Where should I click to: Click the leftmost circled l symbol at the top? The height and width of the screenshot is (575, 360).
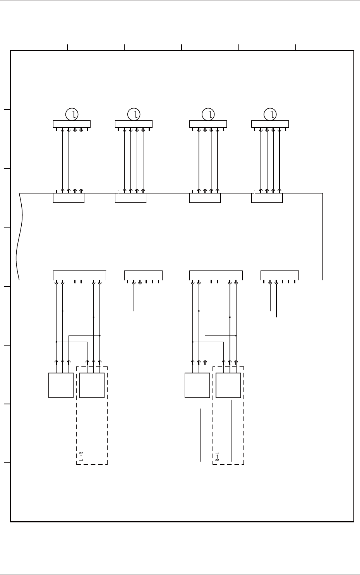[x=72, y=114]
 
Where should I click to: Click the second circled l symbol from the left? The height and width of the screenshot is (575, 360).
[x=134, y=114]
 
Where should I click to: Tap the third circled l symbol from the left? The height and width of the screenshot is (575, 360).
[x=209, y=114]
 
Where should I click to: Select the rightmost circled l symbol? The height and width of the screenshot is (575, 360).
[x=271, y=114]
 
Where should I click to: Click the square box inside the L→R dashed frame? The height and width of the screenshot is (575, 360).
[x=92, y=385]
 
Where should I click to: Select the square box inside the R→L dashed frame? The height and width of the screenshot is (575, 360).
[x=228, y=385]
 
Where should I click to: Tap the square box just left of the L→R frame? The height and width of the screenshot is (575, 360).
[x=61, y=385]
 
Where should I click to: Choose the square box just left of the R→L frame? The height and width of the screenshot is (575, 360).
[x=197, y=385]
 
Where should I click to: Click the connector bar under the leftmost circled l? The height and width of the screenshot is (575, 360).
[x=72, y=124]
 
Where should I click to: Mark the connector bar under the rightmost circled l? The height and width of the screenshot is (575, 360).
[x=270, y=124]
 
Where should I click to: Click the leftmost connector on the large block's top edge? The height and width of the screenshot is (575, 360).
[x=69, y=198]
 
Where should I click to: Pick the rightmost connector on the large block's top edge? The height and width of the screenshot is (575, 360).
[x=267, y=198]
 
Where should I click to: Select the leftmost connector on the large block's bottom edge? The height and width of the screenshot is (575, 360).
[x=79, y=275]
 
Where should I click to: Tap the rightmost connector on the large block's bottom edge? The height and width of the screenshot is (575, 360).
[x=280, y=275]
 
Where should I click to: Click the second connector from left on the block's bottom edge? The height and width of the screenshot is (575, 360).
[x=143, y=275]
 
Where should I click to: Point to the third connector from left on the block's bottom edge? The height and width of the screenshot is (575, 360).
[x=216, y=275]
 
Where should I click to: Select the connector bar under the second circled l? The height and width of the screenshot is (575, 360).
[x=134, y=124]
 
